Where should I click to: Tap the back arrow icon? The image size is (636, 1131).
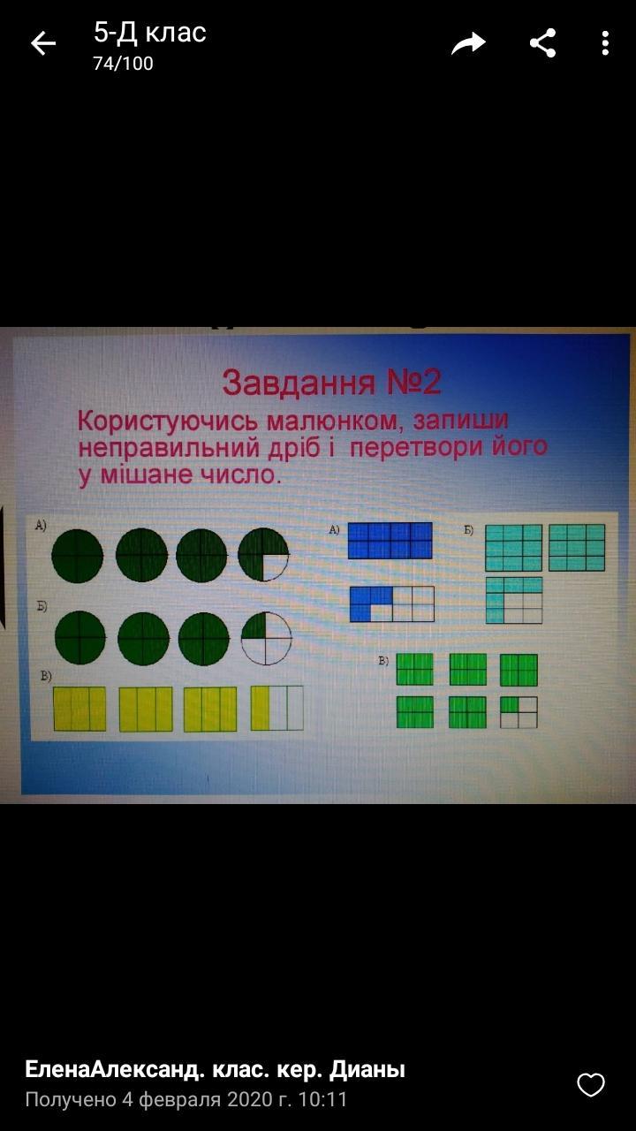[x=43, y=43]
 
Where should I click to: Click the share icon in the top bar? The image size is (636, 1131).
[x=542, y=43]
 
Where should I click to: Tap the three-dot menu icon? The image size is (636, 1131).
[x=605, y=43]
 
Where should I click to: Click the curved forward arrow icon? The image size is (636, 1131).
[x=468, y=43]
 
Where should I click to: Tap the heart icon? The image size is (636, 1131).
[x=591, y=1085]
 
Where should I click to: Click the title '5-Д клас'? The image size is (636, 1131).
[x=150, y=33]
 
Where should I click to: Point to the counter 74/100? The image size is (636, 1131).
[x=123, y=64]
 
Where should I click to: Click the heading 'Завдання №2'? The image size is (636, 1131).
[x=331, y=383]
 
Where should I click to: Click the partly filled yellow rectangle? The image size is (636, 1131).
[x=277, y=708]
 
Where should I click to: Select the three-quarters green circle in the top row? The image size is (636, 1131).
[x=263, y=554]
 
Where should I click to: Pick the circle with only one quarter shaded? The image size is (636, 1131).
[x=266, y=638]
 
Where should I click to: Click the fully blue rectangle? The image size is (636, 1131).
[x=390, y=540]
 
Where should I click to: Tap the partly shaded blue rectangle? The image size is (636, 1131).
[x=391, y=603]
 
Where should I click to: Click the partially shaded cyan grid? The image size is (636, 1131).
[x=514, y=600]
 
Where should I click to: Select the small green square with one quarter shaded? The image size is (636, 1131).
[x=519, y=712]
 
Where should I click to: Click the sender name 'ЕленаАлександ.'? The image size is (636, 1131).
[x=115, y=1069]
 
